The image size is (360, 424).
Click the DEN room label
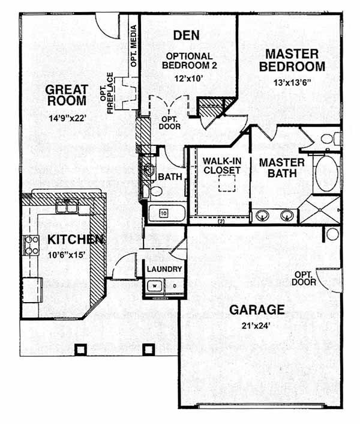[187, 35]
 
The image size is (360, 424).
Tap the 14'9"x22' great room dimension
[68, 118]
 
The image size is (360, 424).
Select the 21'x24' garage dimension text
[256, 326]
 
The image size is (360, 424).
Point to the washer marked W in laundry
[154, 286]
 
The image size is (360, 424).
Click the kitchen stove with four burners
[32, 245]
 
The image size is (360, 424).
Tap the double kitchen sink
[67, 207]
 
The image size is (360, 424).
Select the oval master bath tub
[326, 174]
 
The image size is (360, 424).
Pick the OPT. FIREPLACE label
[107, 93]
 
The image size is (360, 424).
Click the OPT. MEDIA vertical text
[134, 46]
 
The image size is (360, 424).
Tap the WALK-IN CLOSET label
[222, 166]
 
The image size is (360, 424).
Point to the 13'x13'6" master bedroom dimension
[292, 83]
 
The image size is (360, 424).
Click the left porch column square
[80, 350]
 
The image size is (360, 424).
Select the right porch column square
[149, 350]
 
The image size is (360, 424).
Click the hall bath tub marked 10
[167, 213]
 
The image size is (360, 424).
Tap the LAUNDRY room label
[164, 269]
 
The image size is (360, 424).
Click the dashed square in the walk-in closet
[227, 183]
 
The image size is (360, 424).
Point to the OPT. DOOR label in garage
[304, 279]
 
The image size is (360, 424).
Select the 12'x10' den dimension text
[188, 79]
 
